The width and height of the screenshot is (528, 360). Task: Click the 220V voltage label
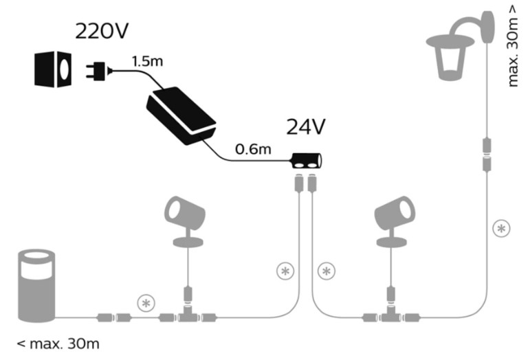(x=102, y=32)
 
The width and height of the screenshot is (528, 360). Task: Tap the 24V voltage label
(x=306, y=127)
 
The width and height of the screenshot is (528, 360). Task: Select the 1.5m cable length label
(x=147, y=61)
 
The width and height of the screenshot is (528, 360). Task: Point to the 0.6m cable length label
(x=253, y=149)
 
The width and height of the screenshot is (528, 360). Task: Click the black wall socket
(x=53, y=69)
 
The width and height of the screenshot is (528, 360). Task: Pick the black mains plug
(x=99, y=71)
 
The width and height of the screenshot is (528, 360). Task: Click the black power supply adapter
(x=181, y=115)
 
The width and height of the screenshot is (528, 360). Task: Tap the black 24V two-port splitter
(x=307, y=161)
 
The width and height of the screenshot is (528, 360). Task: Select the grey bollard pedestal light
(x=36, y=286)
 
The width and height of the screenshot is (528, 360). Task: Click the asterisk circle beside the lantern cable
(x=501, y=229)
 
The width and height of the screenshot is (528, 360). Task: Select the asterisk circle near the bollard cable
(x=146, y=304)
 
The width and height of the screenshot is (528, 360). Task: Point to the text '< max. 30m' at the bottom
(x=58, y=344)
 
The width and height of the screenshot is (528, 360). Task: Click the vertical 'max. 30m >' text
(x=512, y=46)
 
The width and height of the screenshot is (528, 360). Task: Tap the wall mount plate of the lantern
(x=488, y=27)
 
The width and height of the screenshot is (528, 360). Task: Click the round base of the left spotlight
(x=188, y=242)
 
